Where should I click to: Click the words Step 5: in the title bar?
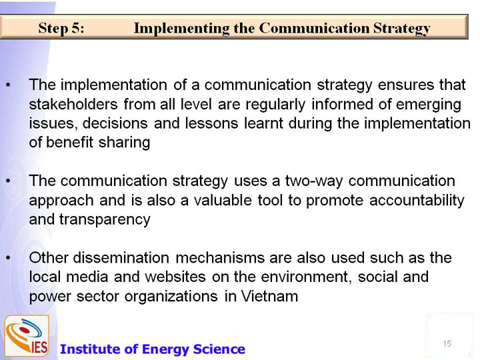(x=61, y=28)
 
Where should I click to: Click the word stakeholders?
(x=73, y=104)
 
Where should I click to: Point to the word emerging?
(x=429, y=105)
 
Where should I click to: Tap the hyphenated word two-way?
(x=314, y=181)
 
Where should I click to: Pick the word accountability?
(x=417, y=201)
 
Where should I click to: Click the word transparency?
(x=105, y=220)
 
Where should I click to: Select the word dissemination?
(x=121, y=258)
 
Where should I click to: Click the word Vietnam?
(x=269, y=296)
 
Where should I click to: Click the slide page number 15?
(x=447, y=343)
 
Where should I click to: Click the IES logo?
(x=27, y=336)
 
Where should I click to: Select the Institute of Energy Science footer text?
(x=153, y=349)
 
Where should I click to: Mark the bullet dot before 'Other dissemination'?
(x=8, y=259)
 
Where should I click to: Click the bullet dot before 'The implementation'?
(x=8, y=85)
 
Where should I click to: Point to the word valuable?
(x=223, y=201)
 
